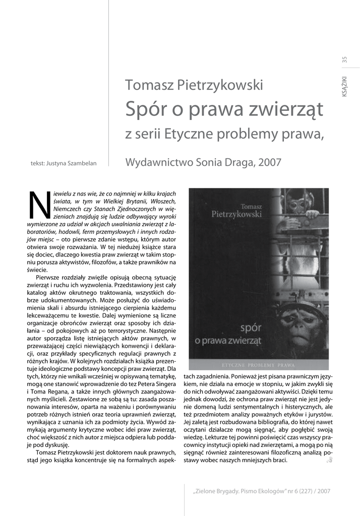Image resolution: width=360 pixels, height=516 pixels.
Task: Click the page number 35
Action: point(344,59)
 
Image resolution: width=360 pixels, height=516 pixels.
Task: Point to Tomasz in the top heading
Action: point(149,85)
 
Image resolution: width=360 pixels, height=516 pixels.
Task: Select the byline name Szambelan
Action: point(81,163)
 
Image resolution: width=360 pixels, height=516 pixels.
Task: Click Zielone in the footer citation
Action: point(209,491)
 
